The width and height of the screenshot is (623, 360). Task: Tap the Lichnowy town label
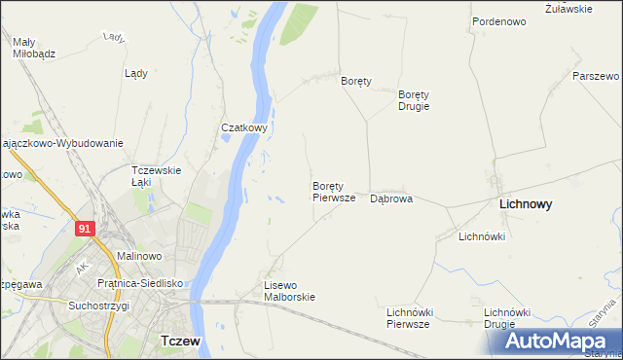click(x=526, y=205)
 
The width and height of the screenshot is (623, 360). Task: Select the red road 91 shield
click(x=85, y=227)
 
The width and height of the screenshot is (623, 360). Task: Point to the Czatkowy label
click(x=244, y=127)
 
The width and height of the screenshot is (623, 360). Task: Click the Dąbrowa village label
click(x=391, y=198)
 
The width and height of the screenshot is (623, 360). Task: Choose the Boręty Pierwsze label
click(x=334, y=191)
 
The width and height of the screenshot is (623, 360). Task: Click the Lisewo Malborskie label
click(x=290, y=291)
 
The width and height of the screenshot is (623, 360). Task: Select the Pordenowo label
click(x=499, y=20)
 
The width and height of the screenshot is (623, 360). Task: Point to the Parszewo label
click(x=596, y=76)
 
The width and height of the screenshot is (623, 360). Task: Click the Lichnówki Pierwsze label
click(x=408, y=318)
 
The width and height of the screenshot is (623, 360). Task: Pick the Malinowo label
click(x=138, y=256)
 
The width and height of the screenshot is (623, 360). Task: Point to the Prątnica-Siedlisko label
click(x=141, y=283)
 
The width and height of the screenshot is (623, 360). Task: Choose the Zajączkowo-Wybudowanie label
click(x=62, y=143)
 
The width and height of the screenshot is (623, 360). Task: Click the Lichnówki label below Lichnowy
click(x=481, y=236)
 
